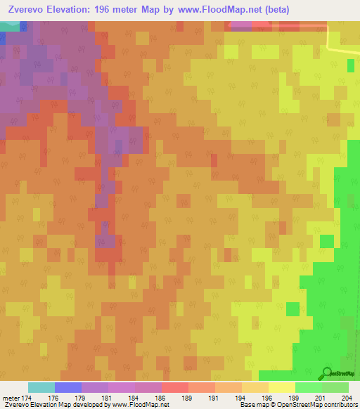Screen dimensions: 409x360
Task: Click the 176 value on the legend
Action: pos(51,398)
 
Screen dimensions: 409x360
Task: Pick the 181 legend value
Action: pos(105,398)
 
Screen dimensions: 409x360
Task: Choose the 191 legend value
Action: pos(212,398)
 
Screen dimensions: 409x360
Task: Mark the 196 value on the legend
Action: pos(265,398)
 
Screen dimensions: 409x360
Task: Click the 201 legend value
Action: pos(319,398)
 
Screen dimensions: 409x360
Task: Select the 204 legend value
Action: pos(345,398)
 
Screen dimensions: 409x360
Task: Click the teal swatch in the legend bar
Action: pos(41,387)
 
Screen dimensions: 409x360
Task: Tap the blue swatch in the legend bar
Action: pos(68,387)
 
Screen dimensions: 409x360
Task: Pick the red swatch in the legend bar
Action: pos(175,387)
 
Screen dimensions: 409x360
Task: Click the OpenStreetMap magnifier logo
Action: pos(326,372)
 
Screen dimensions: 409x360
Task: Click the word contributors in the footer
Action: pos(340,405)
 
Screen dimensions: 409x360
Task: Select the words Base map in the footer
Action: pos(251,405)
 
